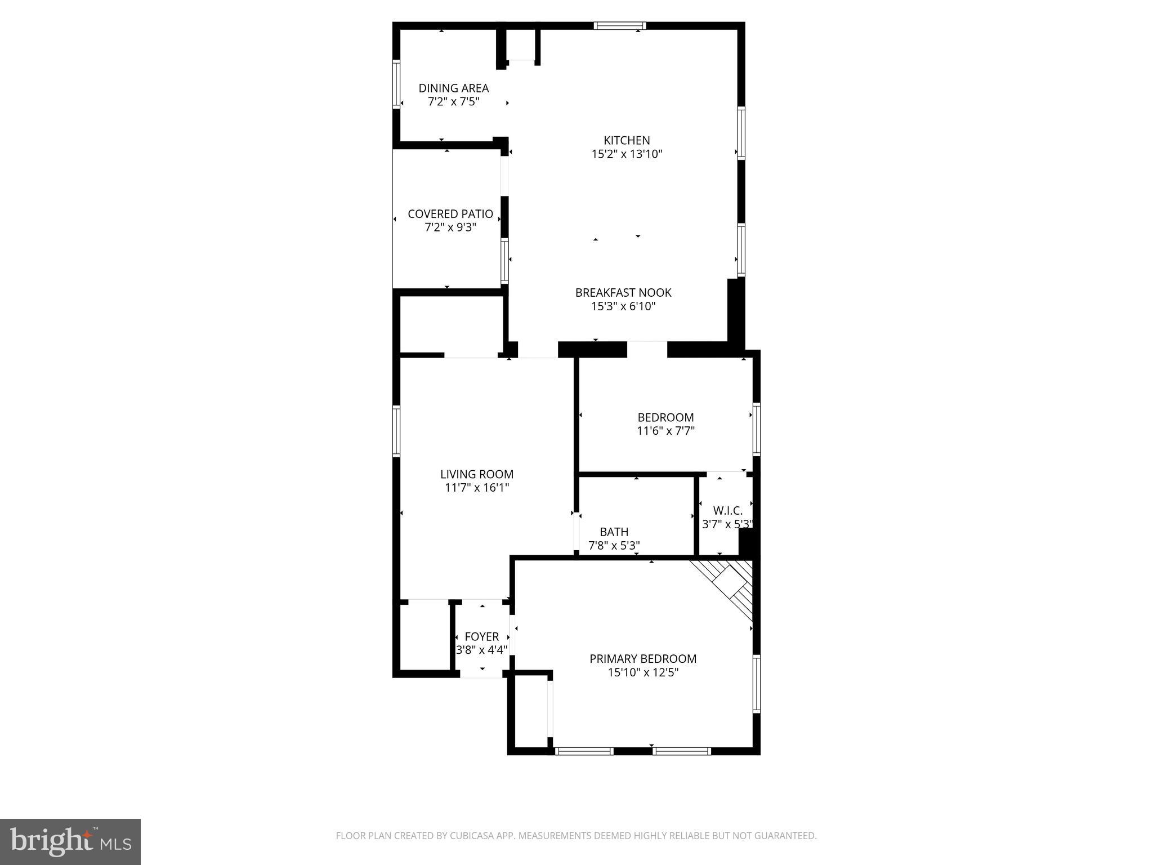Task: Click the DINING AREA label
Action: coord(453,88)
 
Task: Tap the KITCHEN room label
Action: coord(627,140)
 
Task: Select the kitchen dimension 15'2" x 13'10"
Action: coord(627,154)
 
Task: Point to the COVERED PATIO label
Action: coord(450,214)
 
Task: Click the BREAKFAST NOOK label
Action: coord(623,293)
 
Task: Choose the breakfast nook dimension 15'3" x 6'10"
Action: coord(623,306)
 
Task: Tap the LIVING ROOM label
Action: coord(477,474)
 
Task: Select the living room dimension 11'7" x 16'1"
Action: coord(477,488)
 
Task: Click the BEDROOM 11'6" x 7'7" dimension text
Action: coord(665,431)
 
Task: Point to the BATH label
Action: coord(614,532)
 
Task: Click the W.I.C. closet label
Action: coord(728,511)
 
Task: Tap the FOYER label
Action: coord(481,636)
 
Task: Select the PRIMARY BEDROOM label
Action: coord(643,658)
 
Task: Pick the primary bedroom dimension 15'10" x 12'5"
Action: coord(643,672)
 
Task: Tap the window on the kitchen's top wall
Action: coord(620,25)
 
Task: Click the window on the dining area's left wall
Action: coord(396,84)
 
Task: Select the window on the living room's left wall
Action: coord(396,431)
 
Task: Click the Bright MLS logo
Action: coord(70,842)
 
